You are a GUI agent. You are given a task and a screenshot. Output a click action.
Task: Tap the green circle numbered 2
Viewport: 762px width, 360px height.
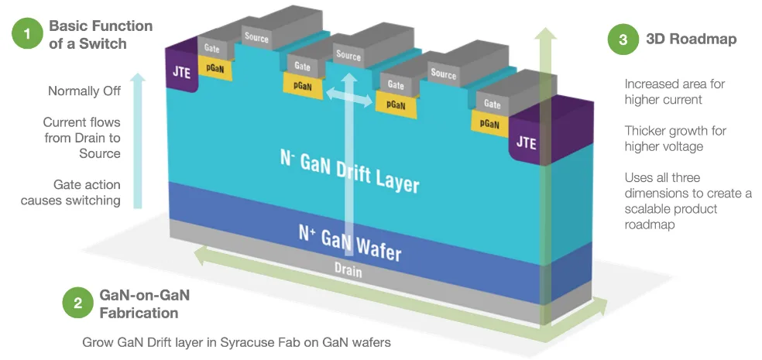click(77, 303)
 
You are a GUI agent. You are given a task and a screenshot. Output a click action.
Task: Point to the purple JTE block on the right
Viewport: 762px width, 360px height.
click(526, 142)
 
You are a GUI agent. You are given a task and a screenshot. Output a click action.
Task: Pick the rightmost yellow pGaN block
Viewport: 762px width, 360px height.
click(489, 122)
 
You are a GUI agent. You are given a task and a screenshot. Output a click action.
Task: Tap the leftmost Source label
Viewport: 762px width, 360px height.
click(257, 36)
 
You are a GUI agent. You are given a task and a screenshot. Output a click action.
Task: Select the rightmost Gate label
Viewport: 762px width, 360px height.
click(492, 103)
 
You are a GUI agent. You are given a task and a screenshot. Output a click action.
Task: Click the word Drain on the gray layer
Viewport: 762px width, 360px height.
click(348, 272)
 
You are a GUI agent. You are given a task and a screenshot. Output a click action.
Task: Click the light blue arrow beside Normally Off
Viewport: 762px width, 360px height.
click(137, 139)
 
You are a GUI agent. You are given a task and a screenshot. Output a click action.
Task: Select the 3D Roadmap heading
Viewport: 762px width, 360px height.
click(691, 39)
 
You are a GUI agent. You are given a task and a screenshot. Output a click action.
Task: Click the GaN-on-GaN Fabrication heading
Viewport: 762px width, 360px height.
click(144, 303)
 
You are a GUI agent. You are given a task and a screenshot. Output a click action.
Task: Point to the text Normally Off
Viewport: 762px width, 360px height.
click(84, 91)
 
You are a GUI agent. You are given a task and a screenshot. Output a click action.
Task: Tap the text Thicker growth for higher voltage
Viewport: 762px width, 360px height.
click(675, 139)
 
